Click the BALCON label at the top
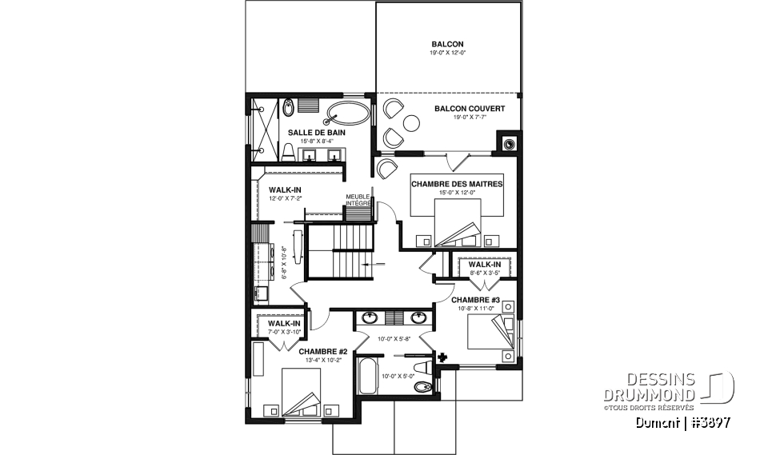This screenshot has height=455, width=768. click(x=447, y=44)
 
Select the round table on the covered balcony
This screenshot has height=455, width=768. click(x=412, y=122)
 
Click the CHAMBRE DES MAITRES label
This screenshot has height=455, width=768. click(x=457, y=184)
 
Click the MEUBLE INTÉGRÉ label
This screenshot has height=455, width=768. click(x=358, y=200)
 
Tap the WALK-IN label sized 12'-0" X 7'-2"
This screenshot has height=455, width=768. click(x=274, y=190)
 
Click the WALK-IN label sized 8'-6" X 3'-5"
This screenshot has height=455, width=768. click(x=485, y=264)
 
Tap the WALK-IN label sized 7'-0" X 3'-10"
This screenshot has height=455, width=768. click(x=284, y=323)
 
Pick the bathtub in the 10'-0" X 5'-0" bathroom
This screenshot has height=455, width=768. click(x=367, y=377)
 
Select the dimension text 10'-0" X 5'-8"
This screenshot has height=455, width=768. click(x=390, y=339)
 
